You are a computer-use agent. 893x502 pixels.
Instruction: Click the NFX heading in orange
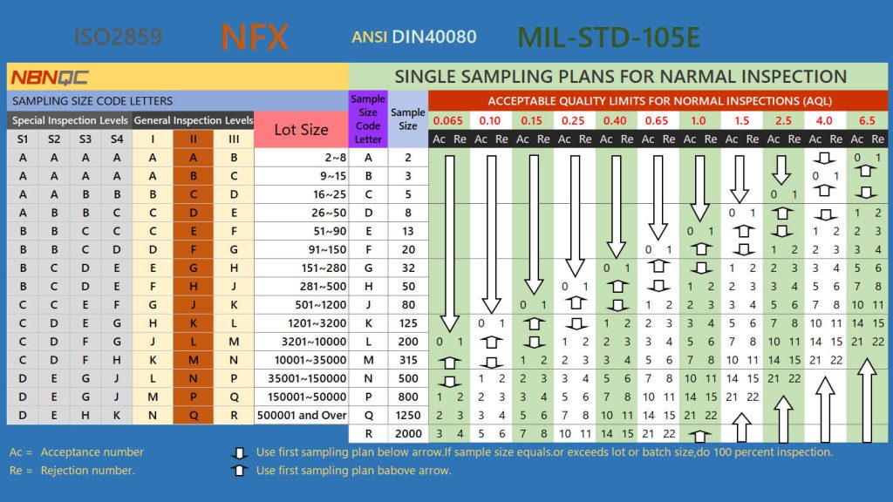[254, 37]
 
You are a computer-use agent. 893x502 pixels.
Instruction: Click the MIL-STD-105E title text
[609, 37]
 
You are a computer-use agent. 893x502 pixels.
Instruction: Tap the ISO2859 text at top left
[117, 37]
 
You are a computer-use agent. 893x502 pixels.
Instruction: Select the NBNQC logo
[49, 78]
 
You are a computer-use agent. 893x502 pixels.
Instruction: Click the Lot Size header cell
[301, 130]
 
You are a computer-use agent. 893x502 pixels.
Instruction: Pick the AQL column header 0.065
[447, 120]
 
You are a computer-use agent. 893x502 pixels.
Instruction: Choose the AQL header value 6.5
[867, 120]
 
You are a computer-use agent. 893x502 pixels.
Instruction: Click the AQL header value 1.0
[699, 120]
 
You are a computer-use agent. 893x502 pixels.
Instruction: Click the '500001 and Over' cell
[301, 415]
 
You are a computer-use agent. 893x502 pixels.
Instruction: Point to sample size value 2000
[408, 433]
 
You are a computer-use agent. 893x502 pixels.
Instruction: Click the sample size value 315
[408, 360]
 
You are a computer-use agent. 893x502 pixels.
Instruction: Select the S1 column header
[22, 139]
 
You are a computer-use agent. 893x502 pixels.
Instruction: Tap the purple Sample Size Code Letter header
[367, 119]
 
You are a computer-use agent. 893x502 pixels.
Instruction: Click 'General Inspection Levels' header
[194, 120]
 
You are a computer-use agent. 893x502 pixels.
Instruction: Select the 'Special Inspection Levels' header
[70, 120]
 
